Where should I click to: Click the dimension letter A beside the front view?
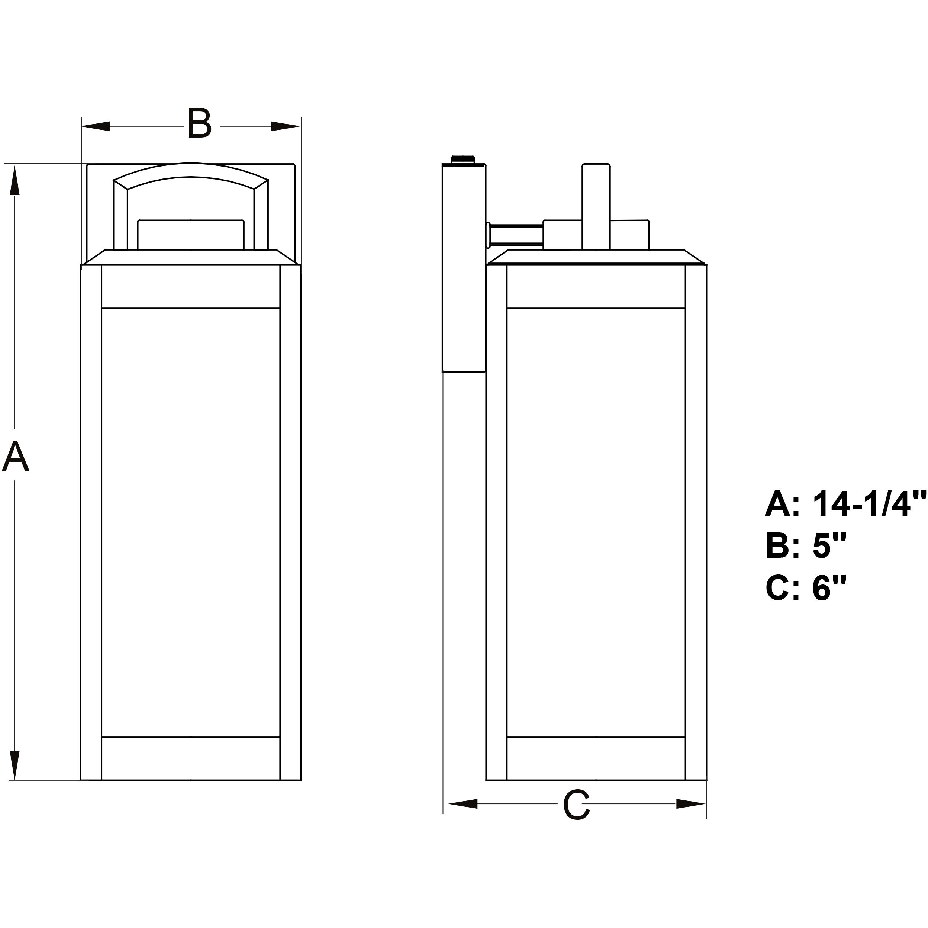(16, 456)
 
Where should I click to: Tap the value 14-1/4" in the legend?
(869, 504)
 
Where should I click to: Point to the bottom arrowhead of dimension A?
(15, 764)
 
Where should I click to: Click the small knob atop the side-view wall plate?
(462, 159)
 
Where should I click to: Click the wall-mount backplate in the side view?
(464, 269)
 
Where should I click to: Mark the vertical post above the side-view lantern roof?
(596, 207)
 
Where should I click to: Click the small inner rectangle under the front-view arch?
(191, 235)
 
